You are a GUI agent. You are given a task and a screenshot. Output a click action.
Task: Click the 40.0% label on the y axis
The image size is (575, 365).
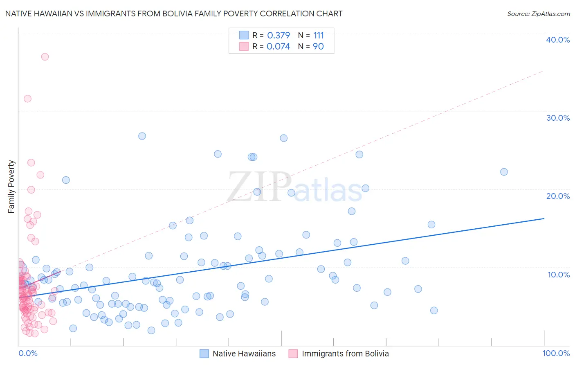click(558, 40)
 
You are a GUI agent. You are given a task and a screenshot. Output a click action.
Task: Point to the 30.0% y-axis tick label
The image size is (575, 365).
click(558, 118)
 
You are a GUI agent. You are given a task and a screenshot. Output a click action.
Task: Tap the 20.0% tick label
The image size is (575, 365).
click(558, 196)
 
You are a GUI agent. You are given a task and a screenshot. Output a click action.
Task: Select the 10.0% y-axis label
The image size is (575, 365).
click(559, 275)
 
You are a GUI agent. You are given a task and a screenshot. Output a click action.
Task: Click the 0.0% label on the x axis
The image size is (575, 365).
click(28, 353)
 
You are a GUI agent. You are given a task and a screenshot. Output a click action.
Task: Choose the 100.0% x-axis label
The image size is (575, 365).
click(556, 353)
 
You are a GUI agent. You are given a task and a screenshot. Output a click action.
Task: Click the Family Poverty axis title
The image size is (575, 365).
click(11, 187)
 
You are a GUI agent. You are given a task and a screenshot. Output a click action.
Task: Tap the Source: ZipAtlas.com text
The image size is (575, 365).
click(538, 14)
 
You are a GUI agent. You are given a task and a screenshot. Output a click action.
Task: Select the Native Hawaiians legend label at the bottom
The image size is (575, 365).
click(244, 354)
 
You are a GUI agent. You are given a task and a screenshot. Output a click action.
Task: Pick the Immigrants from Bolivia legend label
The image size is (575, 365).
click(345, 354)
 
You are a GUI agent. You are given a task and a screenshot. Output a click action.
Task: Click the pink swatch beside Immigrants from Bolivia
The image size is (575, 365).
click(293, 354)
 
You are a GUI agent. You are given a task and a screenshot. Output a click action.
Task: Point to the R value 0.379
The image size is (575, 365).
click(279, 35)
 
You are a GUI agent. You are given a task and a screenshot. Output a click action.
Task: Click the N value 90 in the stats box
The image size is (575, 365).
click(318, 46)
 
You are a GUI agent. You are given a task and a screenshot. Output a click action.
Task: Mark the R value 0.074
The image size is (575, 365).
click(278, 46)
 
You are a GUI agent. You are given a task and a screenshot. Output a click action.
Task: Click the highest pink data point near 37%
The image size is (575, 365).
click(45, 57)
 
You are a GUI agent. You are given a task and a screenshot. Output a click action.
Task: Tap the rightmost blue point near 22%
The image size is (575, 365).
click(504, 172)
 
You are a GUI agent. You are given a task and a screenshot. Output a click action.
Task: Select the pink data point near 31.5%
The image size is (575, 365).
click(27, 99)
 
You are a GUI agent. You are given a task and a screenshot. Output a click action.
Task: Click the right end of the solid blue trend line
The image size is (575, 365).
click(544, 219)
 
